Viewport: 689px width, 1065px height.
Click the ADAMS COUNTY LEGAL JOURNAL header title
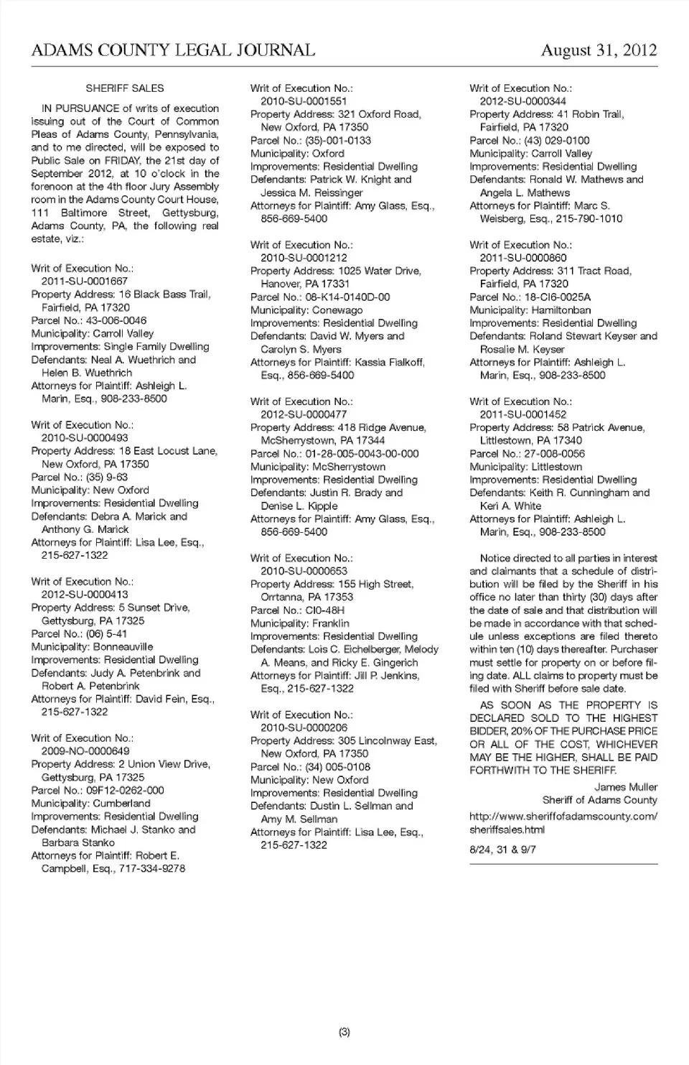point(173,50)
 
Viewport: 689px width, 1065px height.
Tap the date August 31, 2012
point(599,50)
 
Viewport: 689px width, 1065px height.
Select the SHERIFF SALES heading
point(125,88)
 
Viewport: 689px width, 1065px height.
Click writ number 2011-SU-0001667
point(84,282)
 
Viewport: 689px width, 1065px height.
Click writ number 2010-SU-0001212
point(304,258)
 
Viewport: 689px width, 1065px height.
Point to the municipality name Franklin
point(331,623)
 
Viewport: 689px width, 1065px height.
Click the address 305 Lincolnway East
point(387,741)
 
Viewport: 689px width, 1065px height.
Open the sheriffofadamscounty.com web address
point(563,823)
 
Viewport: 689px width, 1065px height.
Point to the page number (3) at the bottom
point(344,1033)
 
